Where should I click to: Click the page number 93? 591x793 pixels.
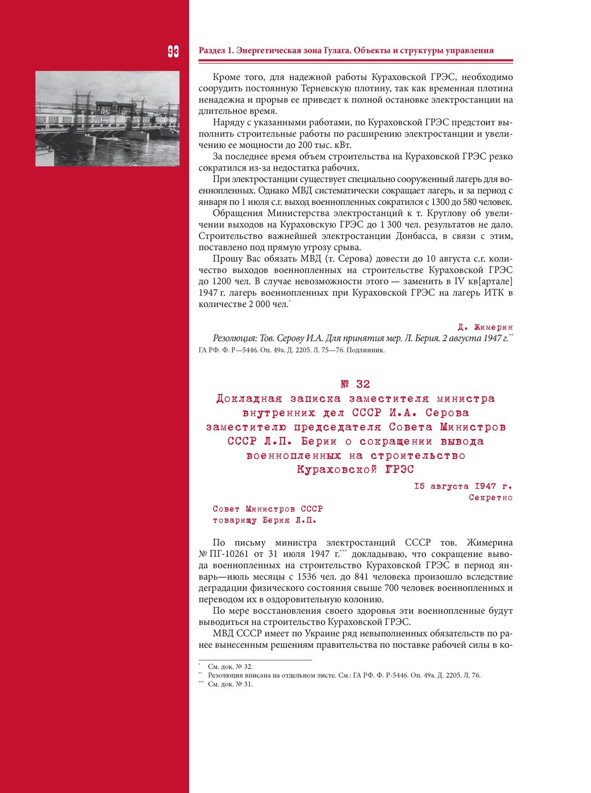point(173,51)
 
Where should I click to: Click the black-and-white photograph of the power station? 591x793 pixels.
point(107,119)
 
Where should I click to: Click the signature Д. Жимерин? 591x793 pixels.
point(485,327)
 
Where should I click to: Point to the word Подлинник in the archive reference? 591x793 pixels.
point(367,350)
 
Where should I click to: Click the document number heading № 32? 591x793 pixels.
point(355,384)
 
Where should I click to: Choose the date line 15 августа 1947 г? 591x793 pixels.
point(463,486)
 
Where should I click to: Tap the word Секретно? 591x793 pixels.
point(490,498)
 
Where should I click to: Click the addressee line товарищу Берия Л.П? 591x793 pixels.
point(264,520)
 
